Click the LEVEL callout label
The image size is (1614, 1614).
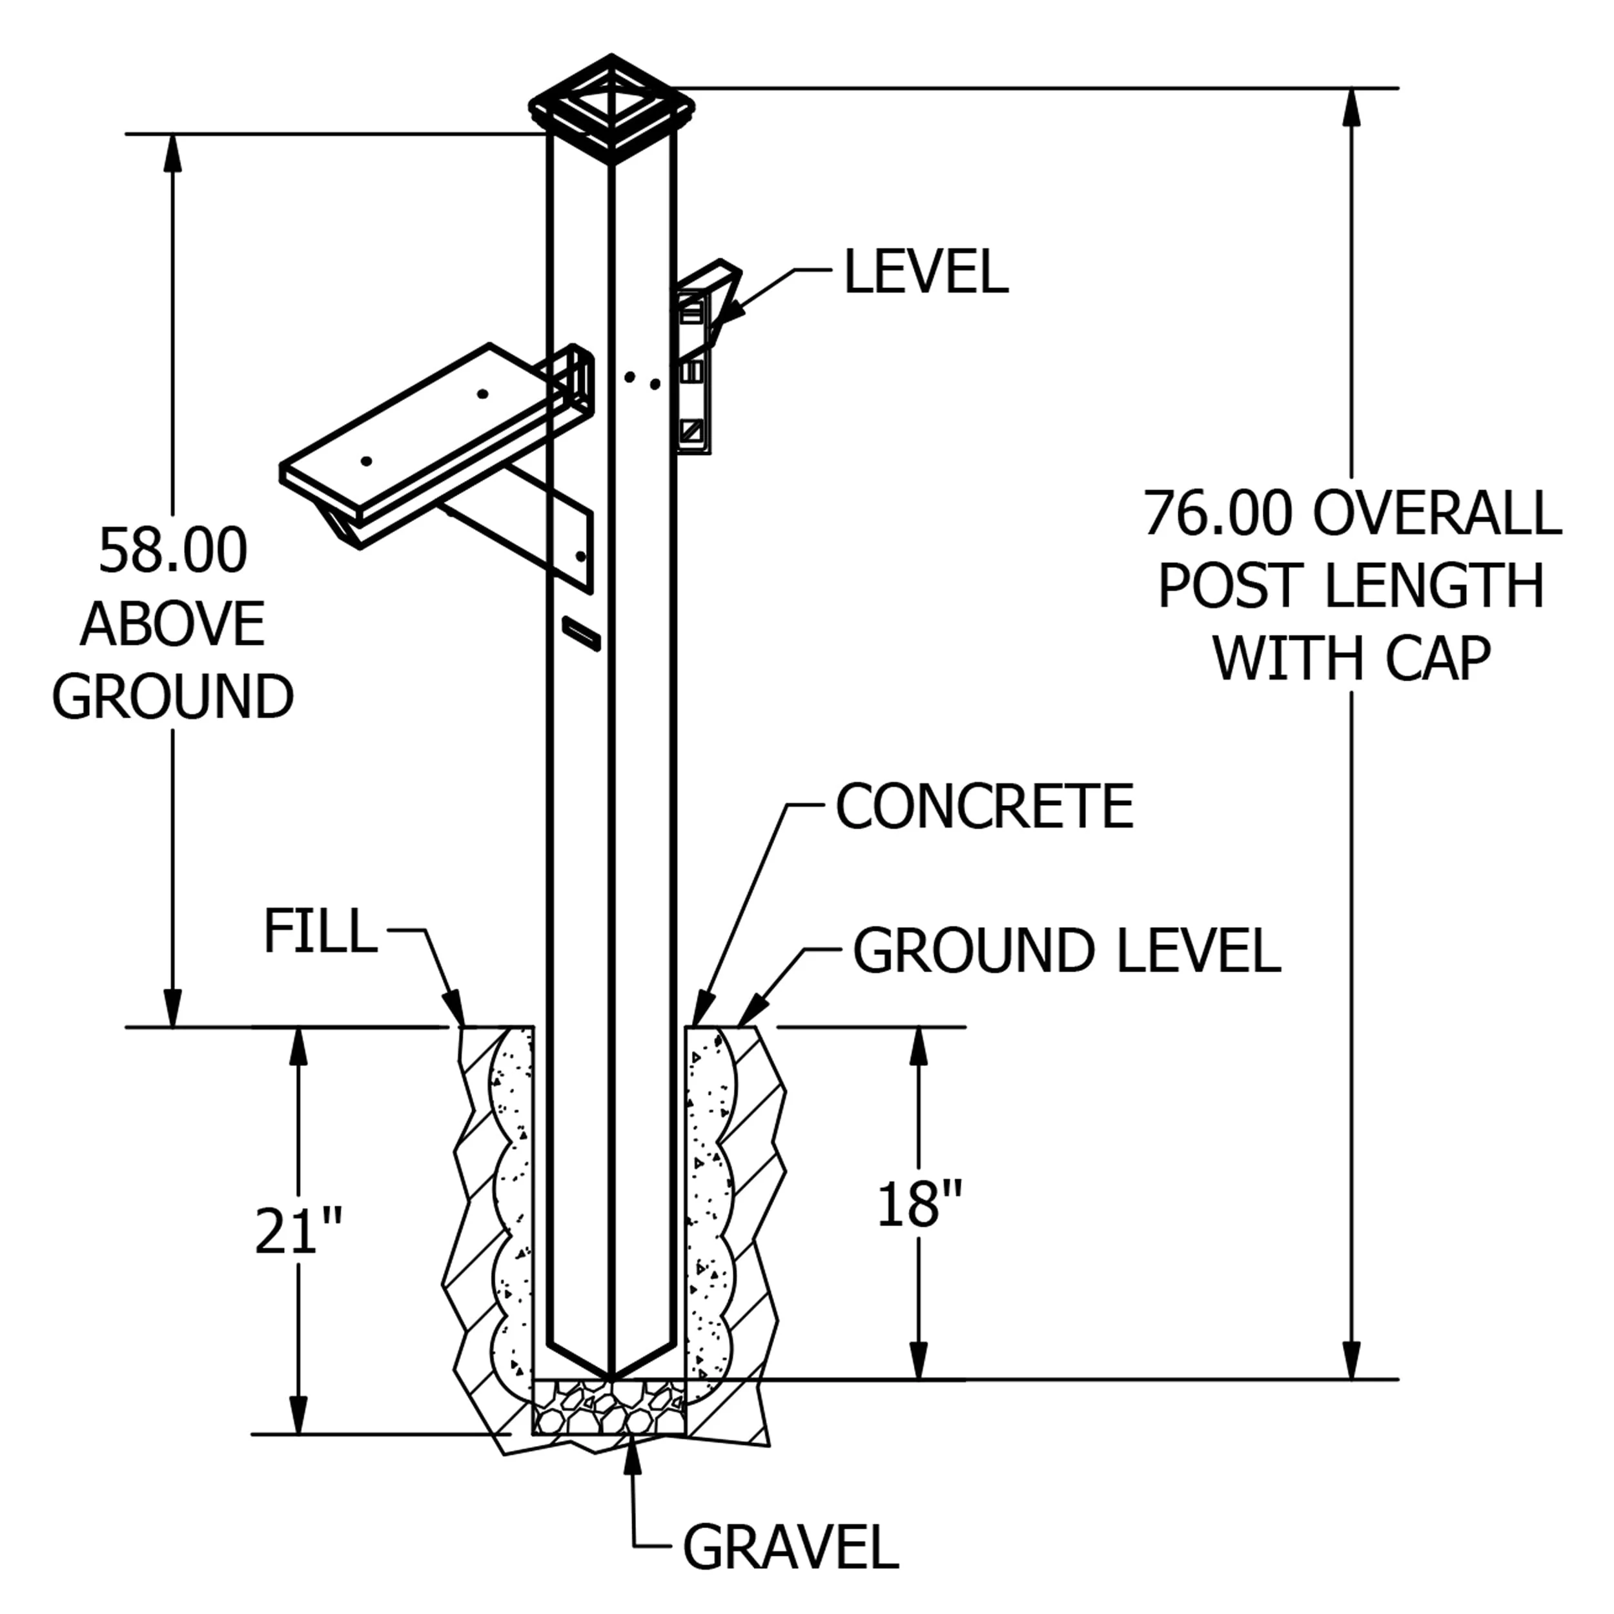926,272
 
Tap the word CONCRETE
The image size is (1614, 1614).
985,806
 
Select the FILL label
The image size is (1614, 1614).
320,931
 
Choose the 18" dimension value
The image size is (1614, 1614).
919,1204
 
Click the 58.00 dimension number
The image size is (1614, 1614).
173,551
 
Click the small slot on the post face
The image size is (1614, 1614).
582,633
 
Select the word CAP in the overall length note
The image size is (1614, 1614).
1438,659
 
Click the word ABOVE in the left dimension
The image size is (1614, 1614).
173,624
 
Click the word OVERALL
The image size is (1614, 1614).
1437,513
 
